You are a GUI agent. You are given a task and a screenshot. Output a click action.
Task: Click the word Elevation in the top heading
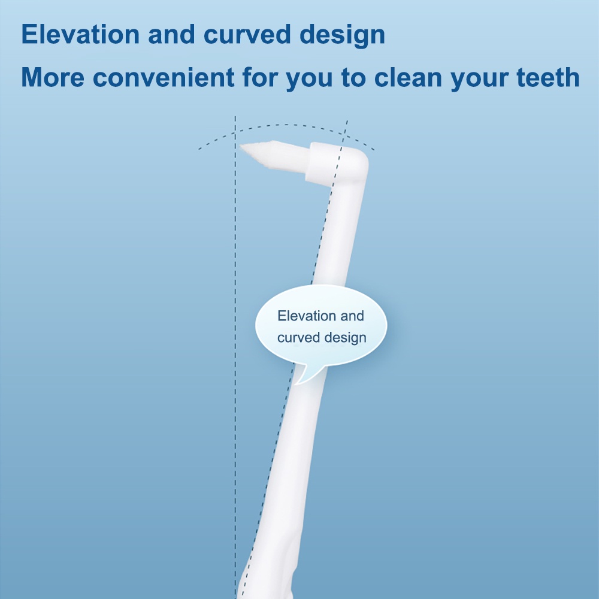pos(81,34)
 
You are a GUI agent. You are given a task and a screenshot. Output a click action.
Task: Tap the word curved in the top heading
pos(247,34)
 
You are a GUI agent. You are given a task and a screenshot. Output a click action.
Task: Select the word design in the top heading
pos(342,36)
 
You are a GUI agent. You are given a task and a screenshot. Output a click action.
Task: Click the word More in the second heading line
pos(53,77)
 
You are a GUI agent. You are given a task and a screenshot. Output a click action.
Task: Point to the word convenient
pos(164,77)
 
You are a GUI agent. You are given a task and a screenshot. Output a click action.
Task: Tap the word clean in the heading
pos(407,77)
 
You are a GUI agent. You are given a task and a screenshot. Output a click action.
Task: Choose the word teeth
pos(548,77)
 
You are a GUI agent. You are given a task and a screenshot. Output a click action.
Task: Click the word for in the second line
pos(260,77)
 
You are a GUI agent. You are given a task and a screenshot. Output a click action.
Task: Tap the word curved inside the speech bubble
pos(298,338)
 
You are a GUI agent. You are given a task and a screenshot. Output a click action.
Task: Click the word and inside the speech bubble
pos(352,316)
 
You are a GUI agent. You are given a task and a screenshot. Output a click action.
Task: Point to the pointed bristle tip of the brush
pos(240,146)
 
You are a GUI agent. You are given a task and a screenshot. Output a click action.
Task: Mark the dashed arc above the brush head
pos(286,125)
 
